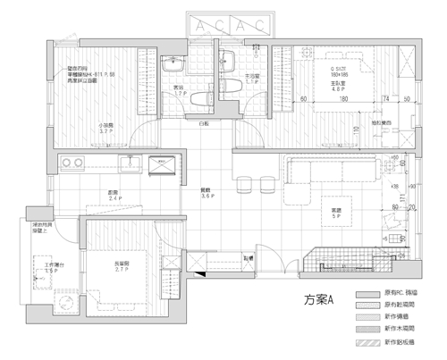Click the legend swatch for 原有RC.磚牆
pos(367,293)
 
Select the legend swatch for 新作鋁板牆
pos(367,342)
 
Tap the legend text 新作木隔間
pos(401,330)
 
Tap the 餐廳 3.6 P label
pos(206,193)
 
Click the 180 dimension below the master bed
pos(342,99)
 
